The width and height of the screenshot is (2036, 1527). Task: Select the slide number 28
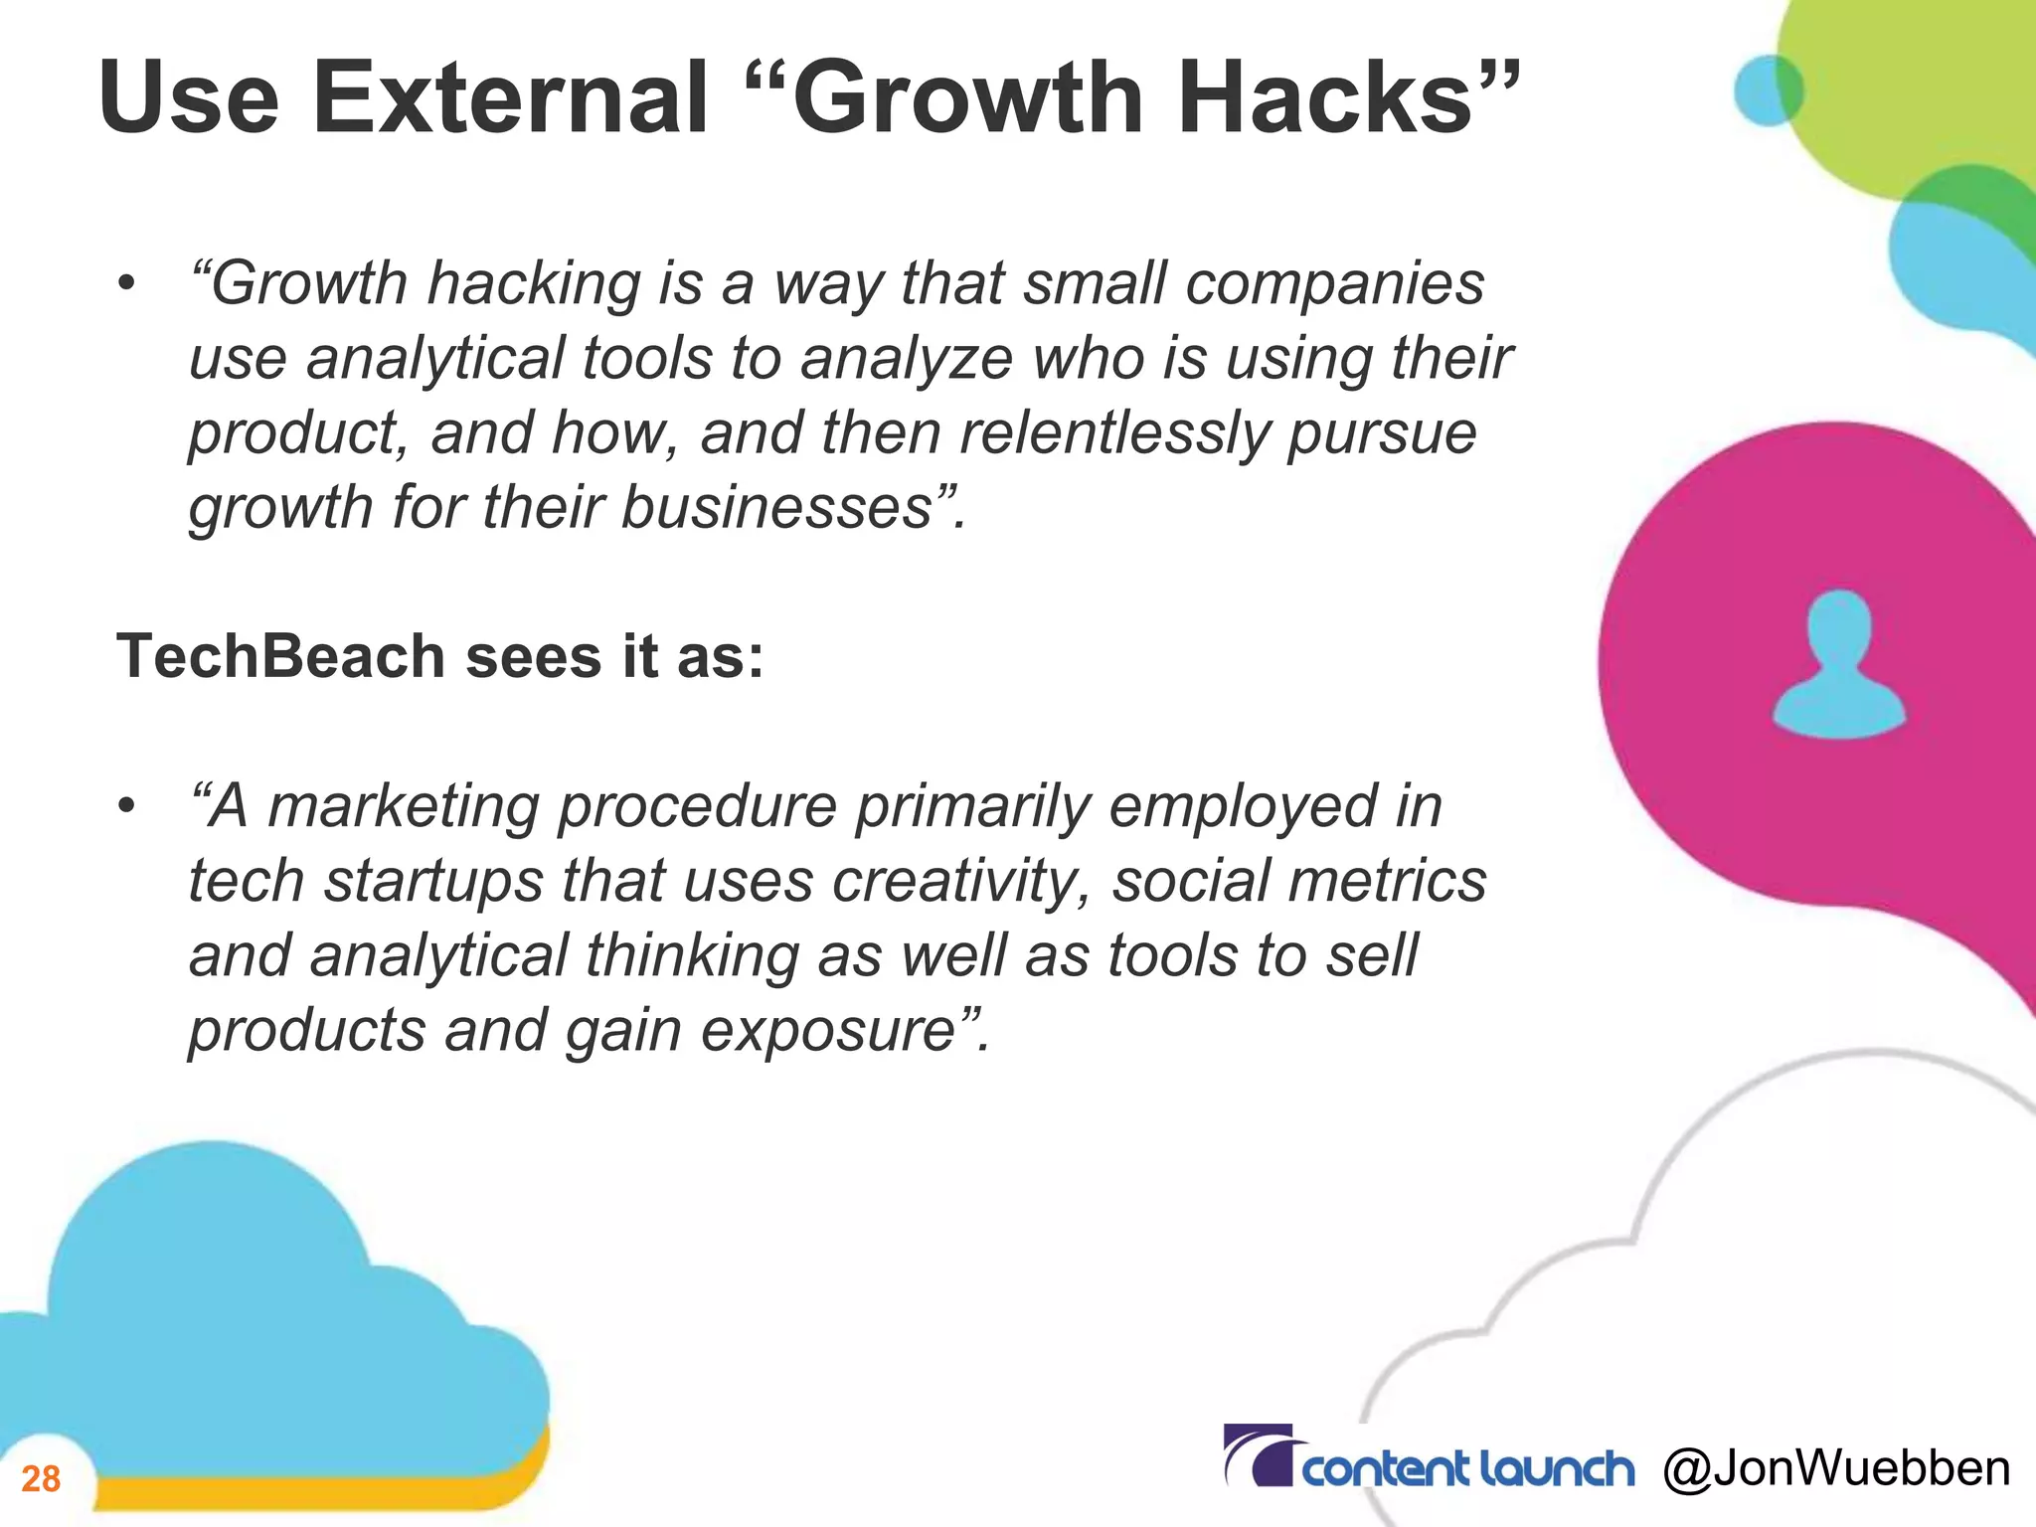[41, 1479]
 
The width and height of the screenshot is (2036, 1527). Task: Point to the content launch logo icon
[1258, 1455]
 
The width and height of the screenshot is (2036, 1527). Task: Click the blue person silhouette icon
[1839, 663]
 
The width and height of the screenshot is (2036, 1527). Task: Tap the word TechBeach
[280, 657]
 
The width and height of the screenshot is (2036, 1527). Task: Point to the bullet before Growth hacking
[125, 285]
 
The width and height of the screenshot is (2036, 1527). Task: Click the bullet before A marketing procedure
[125, 807]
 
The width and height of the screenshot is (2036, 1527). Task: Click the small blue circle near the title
[1768, 89]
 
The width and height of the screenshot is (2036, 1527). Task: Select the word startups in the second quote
[434, 882]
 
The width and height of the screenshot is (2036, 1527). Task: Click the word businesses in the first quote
[776, 508]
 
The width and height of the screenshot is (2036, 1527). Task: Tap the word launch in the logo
[1556, 1469]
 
